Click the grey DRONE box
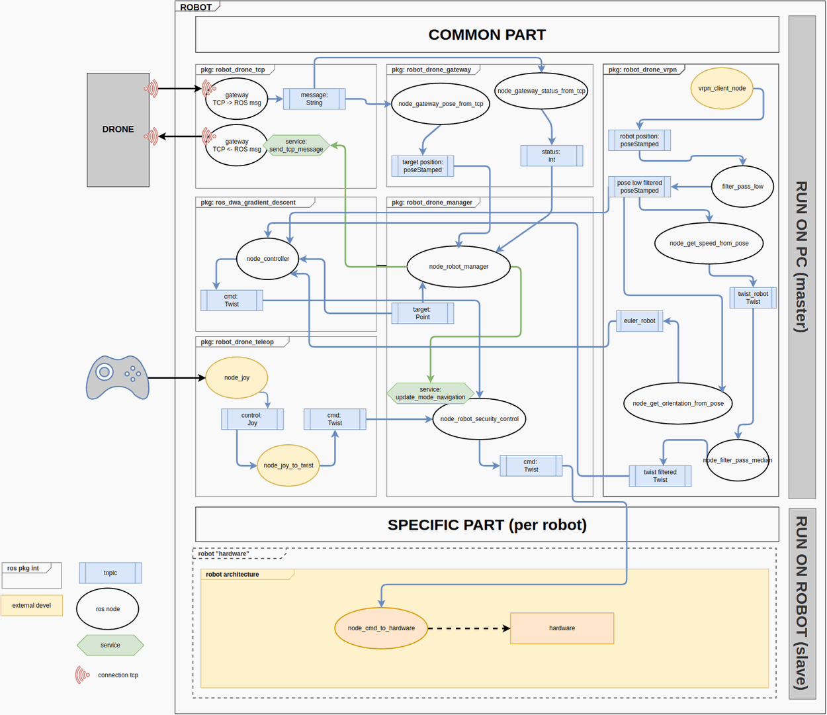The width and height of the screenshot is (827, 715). point(118,130)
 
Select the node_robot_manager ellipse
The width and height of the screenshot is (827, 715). point(458,267)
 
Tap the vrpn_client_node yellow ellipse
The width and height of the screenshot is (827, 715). point(722,88)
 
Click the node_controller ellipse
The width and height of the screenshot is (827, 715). point(267,259)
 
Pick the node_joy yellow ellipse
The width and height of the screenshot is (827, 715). point(236,378)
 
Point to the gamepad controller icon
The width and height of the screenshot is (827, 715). point(118,377)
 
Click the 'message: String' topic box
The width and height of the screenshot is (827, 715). point(314,99)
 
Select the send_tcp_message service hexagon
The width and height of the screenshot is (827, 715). point(296,146)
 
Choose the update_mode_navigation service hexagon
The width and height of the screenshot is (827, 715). point(430,393)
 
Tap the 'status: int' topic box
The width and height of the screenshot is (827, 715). point(551,156)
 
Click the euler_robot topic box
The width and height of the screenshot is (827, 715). point(639,321)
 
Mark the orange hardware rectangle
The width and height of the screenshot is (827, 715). point(562,628)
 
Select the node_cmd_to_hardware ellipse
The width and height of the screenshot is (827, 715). point(381,628)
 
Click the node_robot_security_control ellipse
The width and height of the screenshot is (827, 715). point(479,419)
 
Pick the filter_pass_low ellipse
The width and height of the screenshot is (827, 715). point(742,187)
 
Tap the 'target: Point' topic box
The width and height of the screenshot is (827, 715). point(422,313)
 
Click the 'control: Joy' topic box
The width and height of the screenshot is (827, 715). point(252,419)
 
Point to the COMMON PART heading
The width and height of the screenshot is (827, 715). point(487,34)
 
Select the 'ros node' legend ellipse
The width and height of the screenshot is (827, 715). point(108,609)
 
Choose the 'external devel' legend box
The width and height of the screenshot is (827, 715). point(32,605)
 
